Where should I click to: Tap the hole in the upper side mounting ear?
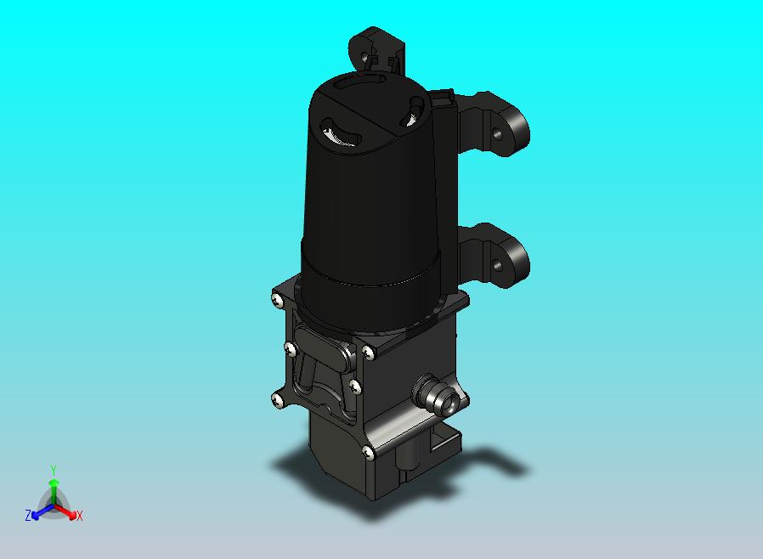click(x=496, y=133)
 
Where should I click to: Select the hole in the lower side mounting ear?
click(x=497, y=265)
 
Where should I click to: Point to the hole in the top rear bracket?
click(x=365, y=57)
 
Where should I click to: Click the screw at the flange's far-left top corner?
click(x=278, y=300)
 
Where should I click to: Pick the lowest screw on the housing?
click(x=370, y=453)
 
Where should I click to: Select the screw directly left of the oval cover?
click(x=290, y=348)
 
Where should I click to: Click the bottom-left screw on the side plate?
click(x=277, y=400)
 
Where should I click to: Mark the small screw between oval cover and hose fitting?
click(x=355, y=386)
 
